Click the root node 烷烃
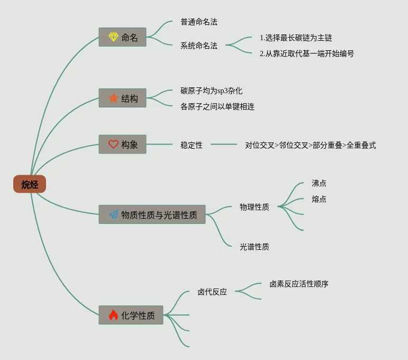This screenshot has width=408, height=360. (x=30, y=184)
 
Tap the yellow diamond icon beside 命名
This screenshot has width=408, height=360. (x=113, y=37)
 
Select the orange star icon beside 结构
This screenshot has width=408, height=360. (x=113, y=98)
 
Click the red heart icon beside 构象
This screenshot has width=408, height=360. (x=113, y=144)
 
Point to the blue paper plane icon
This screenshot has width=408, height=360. (x=113, y=214)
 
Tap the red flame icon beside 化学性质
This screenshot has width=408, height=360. (x=113, y=315)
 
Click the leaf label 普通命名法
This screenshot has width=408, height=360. (x=198, y=22)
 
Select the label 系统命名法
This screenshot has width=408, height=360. (x=198, y=46)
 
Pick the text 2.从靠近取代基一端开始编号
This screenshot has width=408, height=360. (x=306, y=53)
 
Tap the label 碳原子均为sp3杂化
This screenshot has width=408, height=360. (x=211, y=91)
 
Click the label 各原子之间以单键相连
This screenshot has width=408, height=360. (x=217, y=106)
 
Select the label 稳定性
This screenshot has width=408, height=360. (x=191, y=145)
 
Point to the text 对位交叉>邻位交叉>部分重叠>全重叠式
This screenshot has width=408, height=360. (x=310, y=145)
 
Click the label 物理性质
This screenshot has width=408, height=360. (x=254, y=207)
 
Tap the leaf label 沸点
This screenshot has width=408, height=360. (x=319, y=184)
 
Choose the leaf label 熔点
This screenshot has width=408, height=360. (x=319, y=199)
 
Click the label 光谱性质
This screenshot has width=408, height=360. (x=254, y=247)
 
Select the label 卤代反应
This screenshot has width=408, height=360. (x=212, y=292)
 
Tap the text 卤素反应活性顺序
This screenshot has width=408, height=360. (x=298, y=284)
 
